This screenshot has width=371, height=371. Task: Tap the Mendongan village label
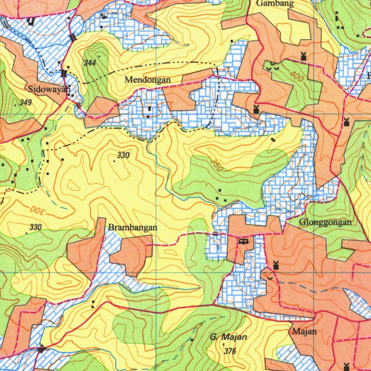[x=147, y=80]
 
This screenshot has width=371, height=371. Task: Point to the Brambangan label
[x=133, y=228]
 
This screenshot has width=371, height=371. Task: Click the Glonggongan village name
[x=325, y=222]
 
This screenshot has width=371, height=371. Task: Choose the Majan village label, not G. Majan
[x=304, y=331]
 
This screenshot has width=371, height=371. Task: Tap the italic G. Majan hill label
[x=228, y=337]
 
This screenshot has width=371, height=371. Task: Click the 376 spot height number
[x=230, y=351]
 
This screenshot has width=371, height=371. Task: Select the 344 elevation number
[x=89, y=63]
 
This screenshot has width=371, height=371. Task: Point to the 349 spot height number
[x=26, y=103]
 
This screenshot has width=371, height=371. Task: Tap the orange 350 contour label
[x=217, y=165]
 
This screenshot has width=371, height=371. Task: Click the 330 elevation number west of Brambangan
[x=35, y=227]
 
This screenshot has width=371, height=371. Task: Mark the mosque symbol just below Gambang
[x=303, y=56]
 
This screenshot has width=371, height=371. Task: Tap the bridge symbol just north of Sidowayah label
[x=64, y=74]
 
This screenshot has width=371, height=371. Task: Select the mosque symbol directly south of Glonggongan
[x=276, y=266]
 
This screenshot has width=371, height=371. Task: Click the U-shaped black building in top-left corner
[x=31, y=21]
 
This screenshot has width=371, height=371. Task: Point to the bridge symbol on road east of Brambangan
[x=216, y=234]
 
